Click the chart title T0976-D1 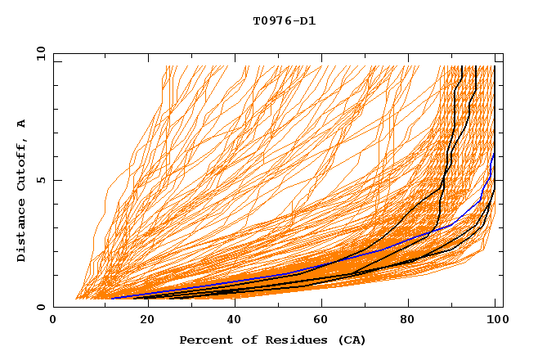point(284,21)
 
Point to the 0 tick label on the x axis point(53,322)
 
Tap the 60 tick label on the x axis point(320,322)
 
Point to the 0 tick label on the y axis point(41,307)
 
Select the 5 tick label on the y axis point(41,180)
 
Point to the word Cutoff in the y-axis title point(22,164)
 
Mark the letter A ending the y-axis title point(22,124)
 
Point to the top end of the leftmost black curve point(462,67)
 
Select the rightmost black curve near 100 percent point(495,123)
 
